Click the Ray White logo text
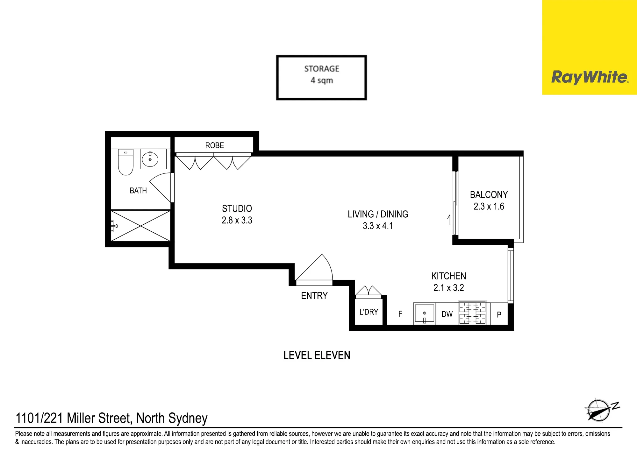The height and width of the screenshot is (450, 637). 590,77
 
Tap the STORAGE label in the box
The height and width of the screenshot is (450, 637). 322,69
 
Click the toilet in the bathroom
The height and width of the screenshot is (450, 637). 126,162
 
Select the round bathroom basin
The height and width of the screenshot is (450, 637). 150,159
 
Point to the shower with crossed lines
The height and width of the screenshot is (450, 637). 140,226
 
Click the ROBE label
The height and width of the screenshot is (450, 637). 214,145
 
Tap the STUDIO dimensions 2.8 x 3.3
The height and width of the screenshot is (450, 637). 237,220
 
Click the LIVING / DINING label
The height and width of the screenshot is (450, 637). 378,214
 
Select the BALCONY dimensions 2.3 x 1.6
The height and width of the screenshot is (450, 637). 489,206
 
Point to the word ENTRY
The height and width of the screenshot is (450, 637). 314,296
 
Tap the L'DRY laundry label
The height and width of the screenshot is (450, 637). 369,312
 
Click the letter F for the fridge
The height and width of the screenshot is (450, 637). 400,314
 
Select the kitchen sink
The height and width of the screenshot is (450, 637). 425,314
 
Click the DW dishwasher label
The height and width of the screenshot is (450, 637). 447,314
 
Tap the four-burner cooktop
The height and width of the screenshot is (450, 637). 472,313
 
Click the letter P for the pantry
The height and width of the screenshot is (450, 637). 499,315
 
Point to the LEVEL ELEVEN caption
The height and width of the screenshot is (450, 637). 317,355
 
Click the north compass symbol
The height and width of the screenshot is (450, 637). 600,410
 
